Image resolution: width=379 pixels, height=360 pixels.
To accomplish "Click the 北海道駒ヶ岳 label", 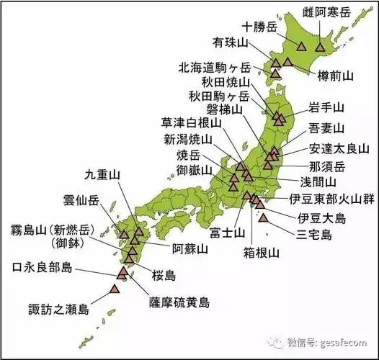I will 215,67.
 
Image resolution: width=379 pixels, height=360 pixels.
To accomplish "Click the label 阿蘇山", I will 191,248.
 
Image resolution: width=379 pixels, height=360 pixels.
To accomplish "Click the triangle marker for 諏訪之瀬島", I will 115,289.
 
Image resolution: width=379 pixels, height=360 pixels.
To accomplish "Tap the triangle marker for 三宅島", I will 264,217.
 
